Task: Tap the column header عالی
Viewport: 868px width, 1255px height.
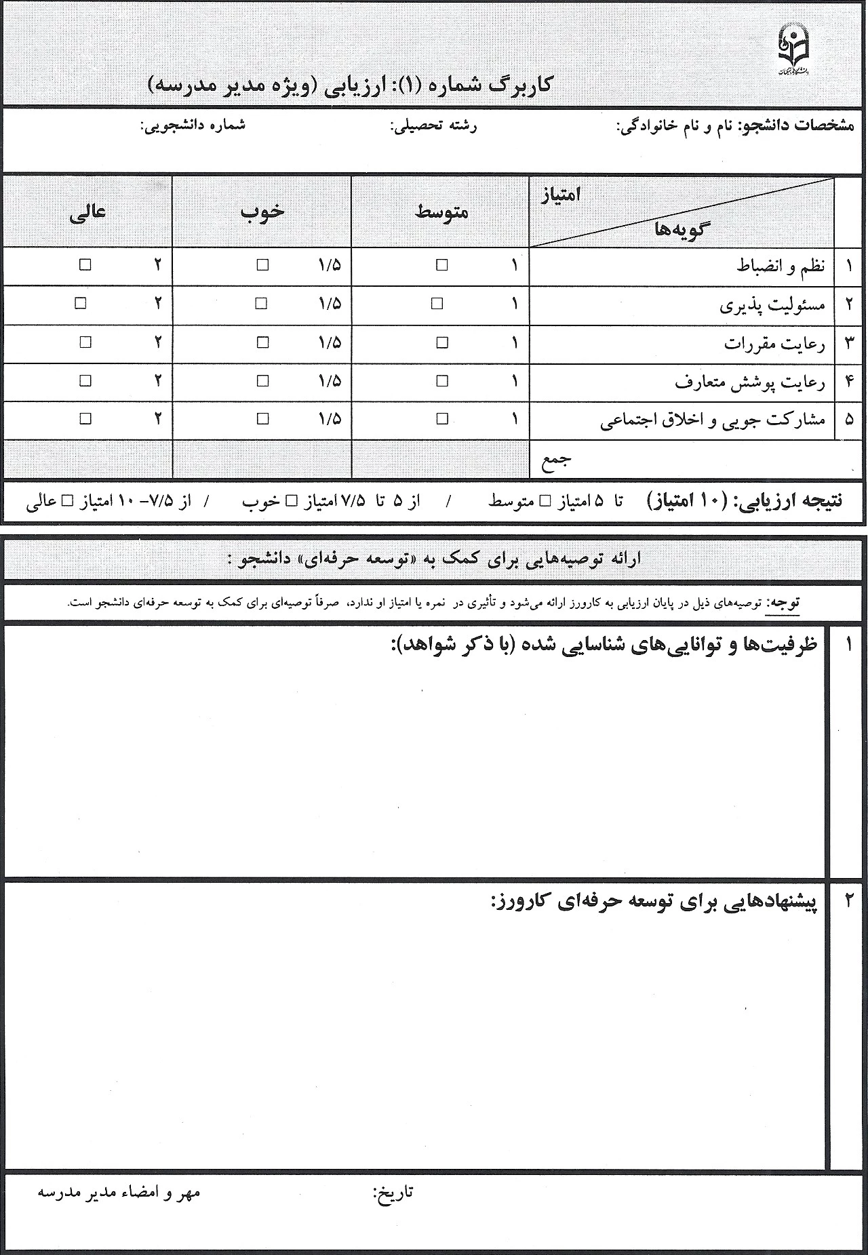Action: pyautogui.click(x=88, y=212)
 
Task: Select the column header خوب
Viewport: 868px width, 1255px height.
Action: pyautogui.click(x=262, y=212)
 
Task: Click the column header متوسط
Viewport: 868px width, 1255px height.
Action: pyautogui.click(x=441, y=212)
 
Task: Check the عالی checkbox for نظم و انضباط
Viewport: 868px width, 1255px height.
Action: pyautogui.click(x=85, y=265)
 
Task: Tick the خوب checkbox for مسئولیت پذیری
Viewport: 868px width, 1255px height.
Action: pyautogui.click(x=261, y=304)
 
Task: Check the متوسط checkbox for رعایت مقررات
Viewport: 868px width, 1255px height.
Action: pyautogui.click(x=442, y=343)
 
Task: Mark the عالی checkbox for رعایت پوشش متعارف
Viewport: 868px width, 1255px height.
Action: pyautogui.click(x=85, y=381)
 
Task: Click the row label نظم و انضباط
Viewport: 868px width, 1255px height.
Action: pyautogui.click(x=781, y=266)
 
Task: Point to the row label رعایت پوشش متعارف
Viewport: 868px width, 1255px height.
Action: pyautogui.click(x=750, y=382)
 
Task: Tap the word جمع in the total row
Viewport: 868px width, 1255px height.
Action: pyautogui.click(x=557, y=460)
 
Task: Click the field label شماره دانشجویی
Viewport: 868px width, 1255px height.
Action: pyautogui.click(x=193, y=126)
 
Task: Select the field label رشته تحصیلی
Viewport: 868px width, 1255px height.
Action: pyautogui.click(x=434, y=126)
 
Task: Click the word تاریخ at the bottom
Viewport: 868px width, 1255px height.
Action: pyautogui.click(x=393, y=1192)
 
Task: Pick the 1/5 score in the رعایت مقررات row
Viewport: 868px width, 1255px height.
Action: pyautogui.click(x=329, y=343)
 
